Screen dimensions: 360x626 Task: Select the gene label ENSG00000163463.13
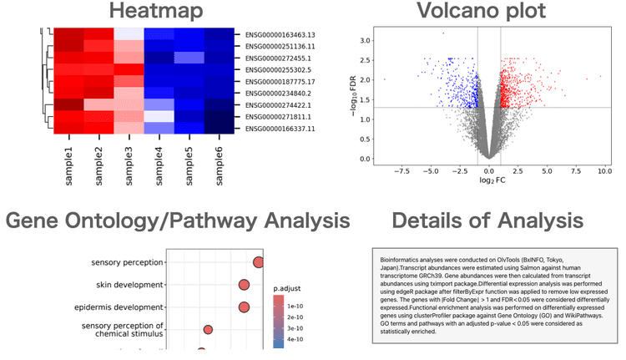point(286,35)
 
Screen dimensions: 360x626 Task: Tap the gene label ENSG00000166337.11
point(286,129)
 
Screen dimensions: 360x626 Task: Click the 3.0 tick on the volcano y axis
point(364,40)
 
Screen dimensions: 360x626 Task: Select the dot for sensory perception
point(258,263)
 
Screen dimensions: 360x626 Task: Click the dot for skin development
point(244,285)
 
